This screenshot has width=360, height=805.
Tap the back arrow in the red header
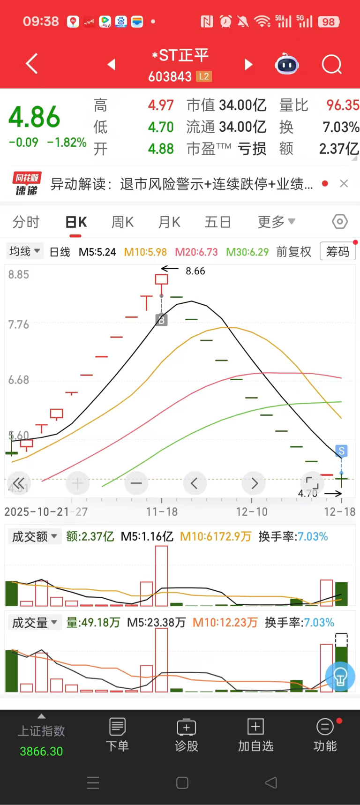[x=31, y=64]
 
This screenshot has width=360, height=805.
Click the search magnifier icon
[x=331, y=64]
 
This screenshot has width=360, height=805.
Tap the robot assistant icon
[x=287, y=64]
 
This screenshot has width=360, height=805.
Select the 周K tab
[x=122, y=222]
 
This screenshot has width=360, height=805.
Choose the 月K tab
[x=169, y=222]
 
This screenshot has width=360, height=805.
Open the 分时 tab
[x=26, y=222]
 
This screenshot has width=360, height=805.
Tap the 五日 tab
[x=217, y=222]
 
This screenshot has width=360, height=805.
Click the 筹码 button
[x=337, y=252]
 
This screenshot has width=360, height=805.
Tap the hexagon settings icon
[x=340, y=221]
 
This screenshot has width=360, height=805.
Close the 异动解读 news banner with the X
[x=344, y=184]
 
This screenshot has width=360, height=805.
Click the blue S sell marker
[x=341, y=451]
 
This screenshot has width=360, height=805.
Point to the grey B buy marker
[x=161, y=320]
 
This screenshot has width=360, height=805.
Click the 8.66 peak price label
[x=195, y=271]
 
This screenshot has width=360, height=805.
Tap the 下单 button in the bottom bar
[x=117, y=735]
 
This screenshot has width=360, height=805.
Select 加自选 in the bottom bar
[x=255, y=735]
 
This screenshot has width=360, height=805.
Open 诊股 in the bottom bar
[x=187, y=735]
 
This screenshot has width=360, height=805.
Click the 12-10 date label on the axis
[x=252, y=512]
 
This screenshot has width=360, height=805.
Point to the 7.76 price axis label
[x=19, y=324]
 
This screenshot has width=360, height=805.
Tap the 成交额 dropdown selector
[x=34, y=536]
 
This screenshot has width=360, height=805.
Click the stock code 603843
[x=170, y=76]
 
